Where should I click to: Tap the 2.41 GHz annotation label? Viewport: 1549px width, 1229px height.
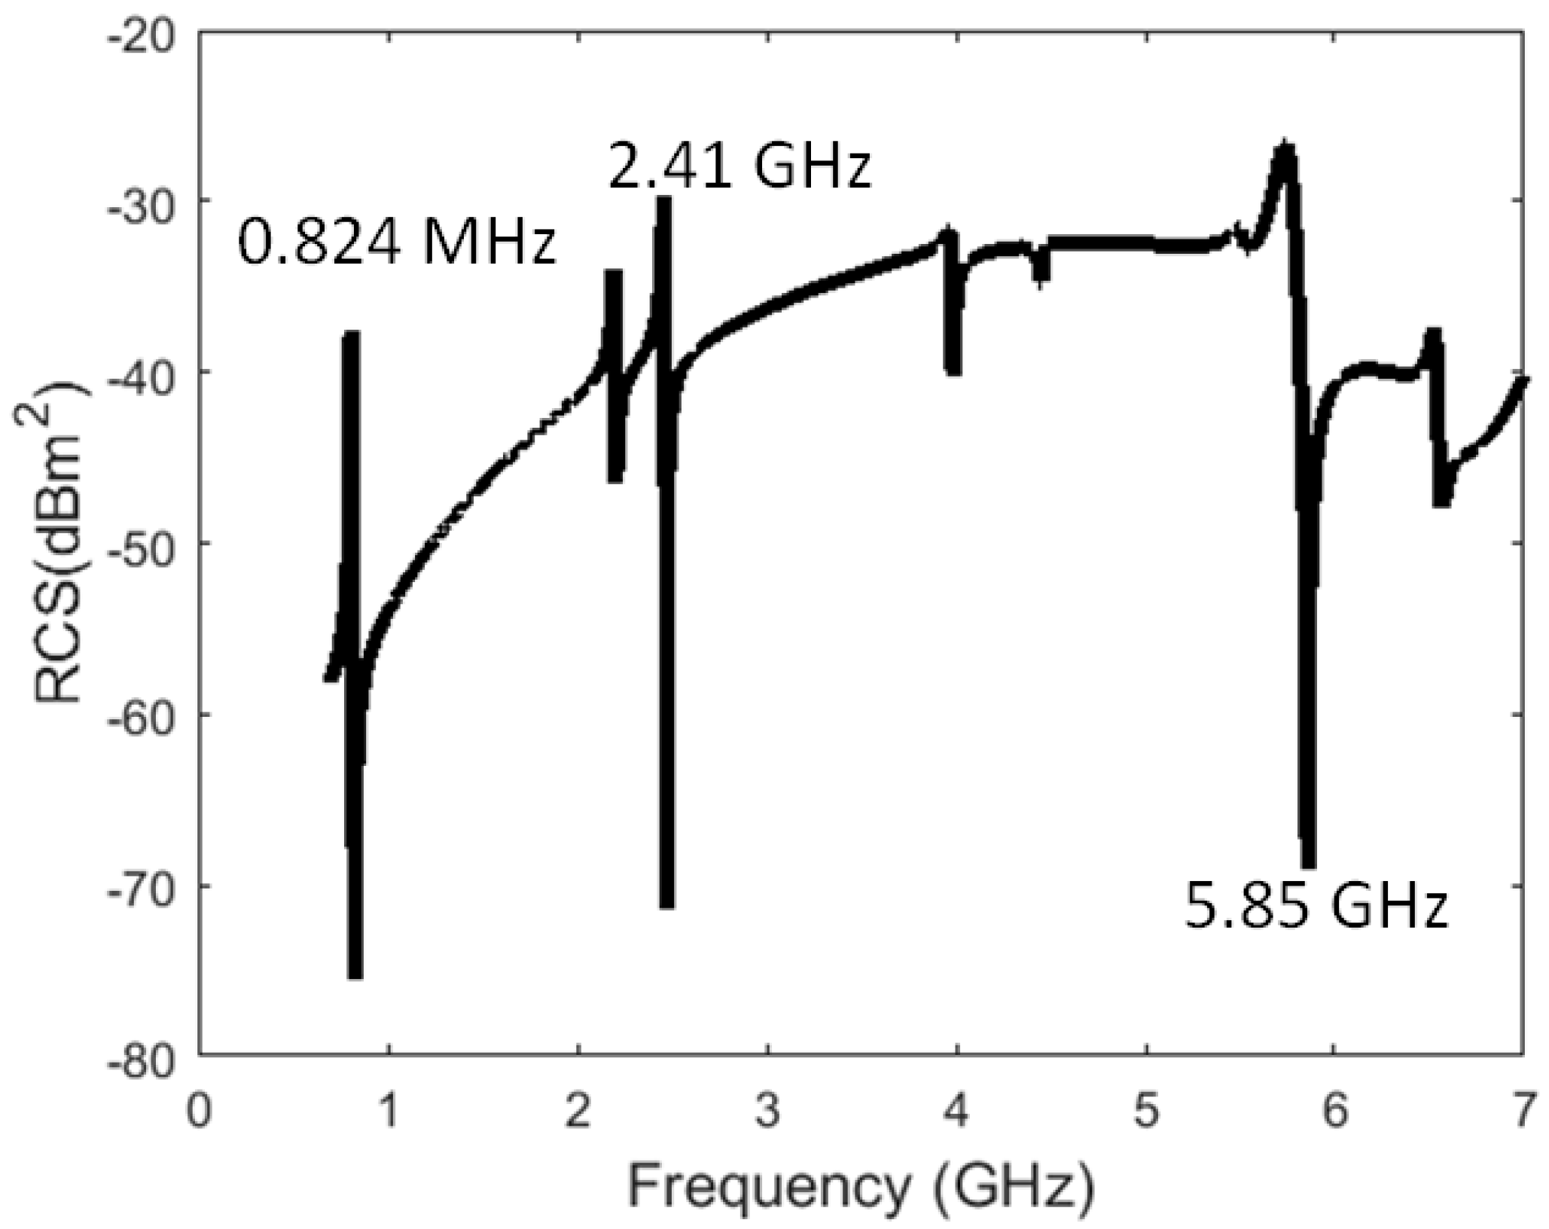tap(739, 168)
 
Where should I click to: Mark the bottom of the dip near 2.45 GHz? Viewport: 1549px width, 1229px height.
tap(666, 904)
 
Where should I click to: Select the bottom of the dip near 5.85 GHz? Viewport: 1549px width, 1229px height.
tap(1309, 865)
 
